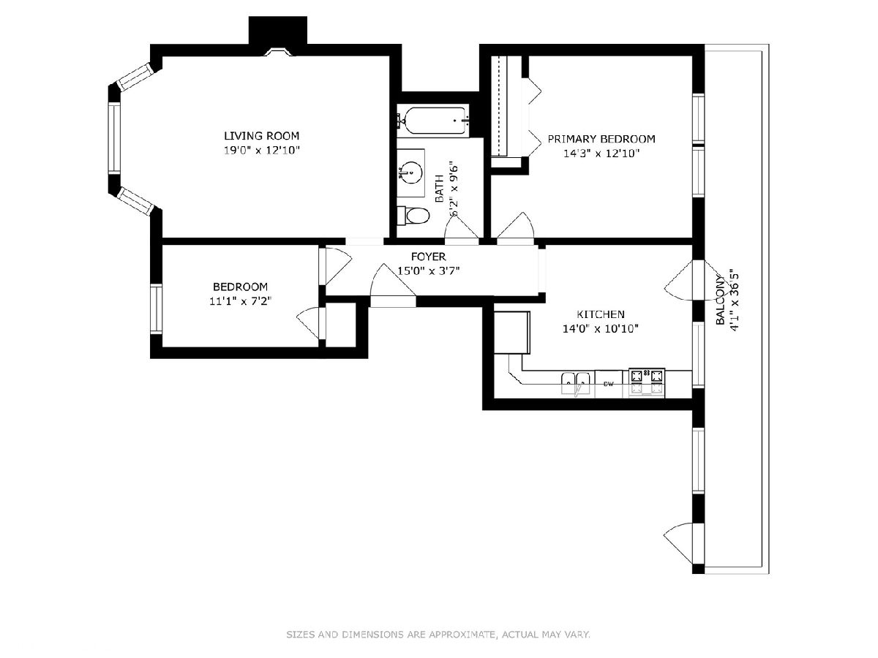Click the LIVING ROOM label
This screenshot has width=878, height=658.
coord(262,136)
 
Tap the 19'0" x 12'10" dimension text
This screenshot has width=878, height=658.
coord(262,151)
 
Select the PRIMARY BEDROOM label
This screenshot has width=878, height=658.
coord(601,139)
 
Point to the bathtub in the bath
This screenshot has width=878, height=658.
coord(433,120)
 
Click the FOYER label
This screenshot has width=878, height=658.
coord(429,257)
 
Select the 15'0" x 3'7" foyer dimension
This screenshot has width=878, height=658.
coord(429,271)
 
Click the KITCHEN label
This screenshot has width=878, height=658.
coord(601,314)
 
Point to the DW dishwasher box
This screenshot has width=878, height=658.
coord(609,384)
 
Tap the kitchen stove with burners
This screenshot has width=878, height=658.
coord(646,382)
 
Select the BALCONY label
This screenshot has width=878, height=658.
coord(721,299)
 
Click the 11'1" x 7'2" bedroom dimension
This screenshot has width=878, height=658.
coord(241,301)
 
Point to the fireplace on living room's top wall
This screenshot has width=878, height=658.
coord(278,53)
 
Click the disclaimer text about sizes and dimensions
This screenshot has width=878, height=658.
coord(438,634)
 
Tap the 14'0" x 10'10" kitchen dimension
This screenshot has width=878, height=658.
coord(601,329)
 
